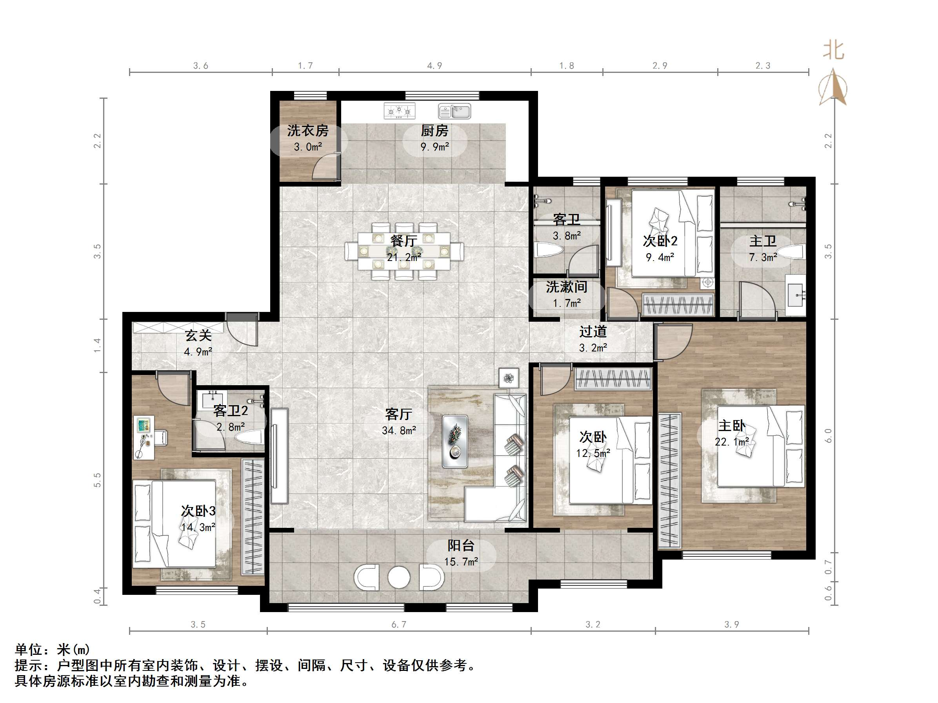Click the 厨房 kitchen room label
[x=434, y=130]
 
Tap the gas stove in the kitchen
[x=399, y=111]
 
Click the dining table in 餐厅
[x=403, y=251]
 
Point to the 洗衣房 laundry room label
[x=307, y=130]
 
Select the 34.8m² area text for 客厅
[x=398, y=431]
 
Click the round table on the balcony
[x=398, y=577]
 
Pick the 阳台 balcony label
[x=460, y=545]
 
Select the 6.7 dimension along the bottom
[x=398, y=624]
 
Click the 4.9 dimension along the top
[x=434, y=66]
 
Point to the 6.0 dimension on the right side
[x=828, y=436]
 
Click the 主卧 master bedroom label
[x=731, y=426]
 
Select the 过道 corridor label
[x=593, y=332]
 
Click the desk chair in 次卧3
[x=161, y=437]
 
